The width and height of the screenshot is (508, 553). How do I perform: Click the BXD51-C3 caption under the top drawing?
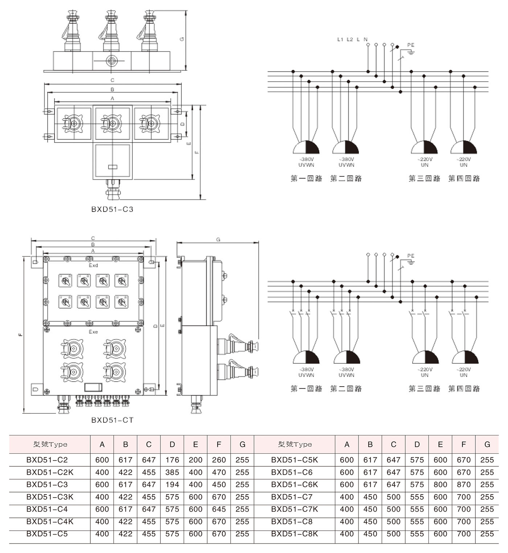(x=112, y=209)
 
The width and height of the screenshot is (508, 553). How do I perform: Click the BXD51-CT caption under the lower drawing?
(x=112, y=420)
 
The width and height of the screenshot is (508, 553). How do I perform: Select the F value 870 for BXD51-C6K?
(x=463, y=484)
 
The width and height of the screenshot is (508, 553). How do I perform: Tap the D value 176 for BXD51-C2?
(x=172, y=460)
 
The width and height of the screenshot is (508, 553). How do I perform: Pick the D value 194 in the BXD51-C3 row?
(x=172, y=484)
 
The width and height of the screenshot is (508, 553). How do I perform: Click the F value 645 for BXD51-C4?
(x=219, y=509)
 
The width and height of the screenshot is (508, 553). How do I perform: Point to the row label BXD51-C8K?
(x=294, y=534)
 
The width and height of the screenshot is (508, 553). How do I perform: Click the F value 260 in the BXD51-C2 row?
(x=219, y=460)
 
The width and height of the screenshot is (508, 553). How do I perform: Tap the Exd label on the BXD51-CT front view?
(x=93, y=265)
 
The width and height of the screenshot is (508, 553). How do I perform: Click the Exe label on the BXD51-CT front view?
(x=93, y=332)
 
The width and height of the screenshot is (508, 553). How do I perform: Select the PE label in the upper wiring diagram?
(x=410, y=45)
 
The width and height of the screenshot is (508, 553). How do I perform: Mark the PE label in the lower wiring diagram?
(x=410, y=256)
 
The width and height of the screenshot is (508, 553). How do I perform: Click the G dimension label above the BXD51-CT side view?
(x=218, y=240)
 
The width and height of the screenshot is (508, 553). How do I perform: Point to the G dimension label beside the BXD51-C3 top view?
(x=182, y=39)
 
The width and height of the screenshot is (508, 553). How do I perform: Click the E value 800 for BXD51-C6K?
(x=440, y=484)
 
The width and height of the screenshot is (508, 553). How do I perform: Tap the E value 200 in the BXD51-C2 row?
(x=195, y=460)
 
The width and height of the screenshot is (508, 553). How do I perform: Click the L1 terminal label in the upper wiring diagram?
(x=340, y=40)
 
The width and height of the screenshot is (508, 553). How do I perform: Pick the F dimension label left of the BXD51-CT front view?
(x=21, y=334)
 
